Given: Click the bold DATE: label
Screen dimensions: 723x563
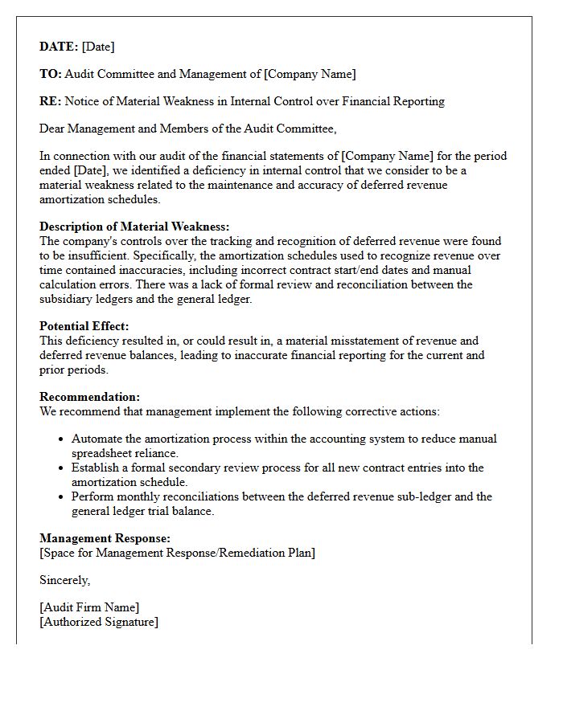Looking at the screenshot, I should (59, 47).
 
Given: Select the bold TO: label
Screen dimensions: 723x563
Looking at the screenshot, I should (50, 74).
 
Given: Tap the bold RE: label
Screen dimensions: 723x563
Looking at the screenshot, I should (50, 101).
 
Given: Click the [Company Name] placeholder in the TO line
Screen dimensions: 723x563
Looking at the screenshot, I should (310, 74).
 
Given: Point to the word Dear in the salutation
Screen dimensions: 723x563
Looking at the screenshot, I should (53, 129).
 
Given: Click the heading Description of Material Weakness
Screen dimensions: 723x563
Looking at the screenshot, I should (134, 227).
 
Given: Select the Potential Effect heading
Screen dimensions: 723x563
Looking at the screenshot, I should (84, 326).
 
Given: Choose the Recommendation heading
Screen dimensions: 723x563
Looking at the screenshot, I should (89, 397).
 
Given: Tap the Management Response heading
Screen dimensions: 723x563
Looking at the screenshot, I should (105, 538).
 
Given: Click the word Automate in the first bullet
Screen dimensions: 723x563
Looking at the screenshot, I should (97, 439).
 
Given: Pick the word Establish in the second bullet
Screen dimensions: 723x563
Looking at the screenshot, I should (96, 468).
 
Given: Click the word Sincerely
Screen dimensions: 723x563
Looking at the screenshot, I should (64, 580).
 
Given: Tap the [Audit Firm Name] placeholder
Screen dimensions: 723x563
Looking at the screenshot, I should (89, 607).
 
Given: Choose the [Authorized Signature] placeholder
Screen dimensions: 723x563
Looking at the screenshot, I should (99, 622).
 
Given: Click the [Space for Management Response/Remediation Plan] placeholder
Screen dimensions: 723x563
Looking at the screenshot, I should (177, 553).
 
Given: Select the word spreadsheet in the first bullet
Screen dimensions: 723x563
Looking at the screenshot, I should (106, 453).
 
